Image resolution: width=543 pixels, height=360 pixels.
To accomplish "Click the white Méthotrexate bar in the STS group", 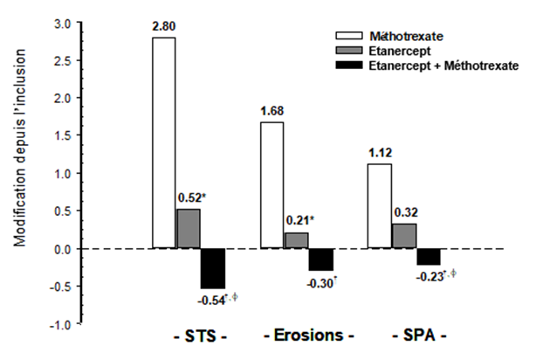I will point(164,143).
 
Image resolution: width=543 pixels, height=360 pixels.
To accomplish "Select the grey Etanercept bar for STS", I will point(189,229).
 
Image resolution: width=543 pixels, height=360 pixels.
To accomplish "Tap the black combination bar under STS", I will point(213,268).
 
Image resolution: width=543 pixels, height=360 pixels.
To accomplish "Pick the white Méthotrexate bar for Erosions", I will point(271,185).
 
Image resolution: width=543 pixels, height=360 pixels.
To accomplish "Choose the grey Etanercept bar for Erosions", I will point(296,240).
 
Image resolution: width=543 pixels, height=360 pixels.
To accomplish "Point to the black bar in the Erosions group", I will point(320,260).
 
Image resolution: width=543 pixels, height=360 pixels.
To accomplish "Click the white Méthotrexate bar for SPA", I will point(380,206).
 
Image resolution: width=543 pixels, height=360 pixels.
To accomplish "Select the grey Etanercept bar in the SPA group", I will point(403,236).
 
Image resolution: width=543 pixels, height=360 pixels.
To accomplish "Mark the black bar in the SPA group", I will point(428,257).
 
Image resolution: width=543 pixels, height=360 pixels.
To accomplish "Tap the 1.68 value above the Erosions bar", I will point(271,112).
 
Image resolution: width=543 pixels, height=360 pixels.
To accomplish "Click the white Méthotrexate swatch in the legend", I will point(349,37).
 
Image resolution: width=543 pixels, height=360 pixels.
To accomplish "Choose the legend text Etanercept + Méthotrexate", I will point(445,65).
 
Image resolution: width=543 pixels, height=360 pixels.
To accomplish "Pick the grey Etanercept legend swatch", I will point(349,51).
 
